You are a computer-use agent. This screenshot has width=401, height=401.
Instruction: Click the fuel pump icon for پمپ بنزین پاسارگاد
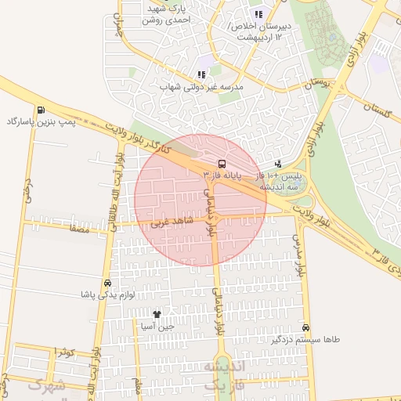click(40, 110)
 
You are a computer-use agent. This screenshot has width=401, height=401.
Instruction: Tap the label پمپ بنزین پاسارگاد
click(40, 122)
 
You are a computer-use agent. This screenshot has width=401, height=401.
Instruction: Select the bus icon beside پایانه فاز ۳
click(222, 164)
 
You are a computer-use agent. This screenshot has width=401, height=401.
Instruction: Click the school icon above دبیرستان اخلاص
click(258, 14)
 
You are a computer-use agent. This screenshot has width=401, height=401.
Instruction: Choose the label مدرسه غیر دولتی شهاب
click(202, 87)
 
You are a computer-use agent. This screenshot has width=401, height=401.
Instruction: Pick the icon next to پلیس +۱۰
click(278, 164)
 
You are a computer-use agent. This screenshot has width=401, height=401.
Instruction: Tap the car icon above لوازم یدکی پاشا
click(107, 283)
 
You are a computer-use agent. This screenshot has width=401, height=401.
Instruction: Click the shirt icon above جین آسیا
click(157, 313)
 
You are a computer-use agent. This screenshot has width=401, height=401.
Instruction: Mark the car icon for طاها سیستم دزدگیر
click(305, 327)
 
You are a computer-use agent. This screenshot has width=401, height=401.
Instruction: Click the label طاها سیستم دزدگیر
click(305, 340)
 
